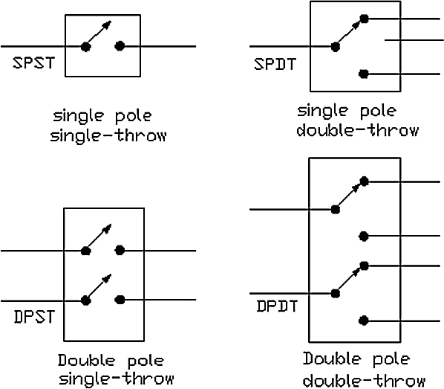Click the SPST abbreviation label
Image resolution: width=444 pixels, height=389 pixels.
point(33,63)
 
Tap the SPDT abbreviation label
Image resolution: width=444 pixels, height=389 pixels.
point(275,64)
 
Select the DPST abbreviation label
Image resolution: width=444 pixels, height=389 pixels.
point(33,317)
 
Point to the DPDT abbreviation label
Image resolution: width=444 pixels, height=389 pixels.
point(277,306)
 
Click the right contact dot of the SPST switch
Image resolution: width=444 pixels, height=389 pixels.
point(120,46)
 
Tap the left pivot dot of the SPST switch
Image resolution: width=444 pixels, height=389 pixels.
point(85,47)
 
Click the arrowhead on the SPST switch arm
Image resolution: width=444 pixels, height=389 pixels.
point(108,25)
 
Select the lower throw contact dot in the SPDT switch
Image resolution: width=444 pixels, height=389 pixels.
point(364,74)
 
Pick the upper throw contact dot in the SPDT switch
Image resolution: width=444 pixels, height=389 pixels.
point(364,19)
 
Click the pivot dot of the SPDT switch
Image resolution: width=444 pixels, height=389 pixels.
point(336,47)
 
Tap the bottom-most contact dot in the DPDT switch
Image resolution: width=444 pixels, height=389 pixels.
point(364,321)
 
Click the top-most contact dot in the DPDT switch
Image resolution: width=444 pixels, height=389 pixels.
point(364,181)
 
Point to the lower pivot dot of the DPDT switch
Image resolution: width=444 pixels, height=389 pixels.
point(336,293)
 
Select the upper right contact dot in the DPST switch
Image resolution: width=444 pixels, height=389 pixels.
point(120,250)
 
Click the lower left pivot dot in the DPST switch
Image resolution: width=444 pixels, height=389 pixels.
point(85,300)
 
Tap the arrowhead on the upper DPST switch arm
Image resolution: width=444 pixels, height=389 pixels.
point(108,228)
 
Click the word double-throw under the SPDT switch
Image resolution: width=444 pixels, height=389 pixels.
point(358,130)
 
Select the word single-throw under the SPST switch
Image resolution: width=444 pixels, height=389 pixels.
point(108,135)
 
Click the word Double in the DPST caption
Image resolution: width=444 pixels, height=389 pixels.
point(86,360)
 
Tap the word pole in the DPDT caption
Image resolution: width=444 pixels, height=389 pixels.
point(391,359)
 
